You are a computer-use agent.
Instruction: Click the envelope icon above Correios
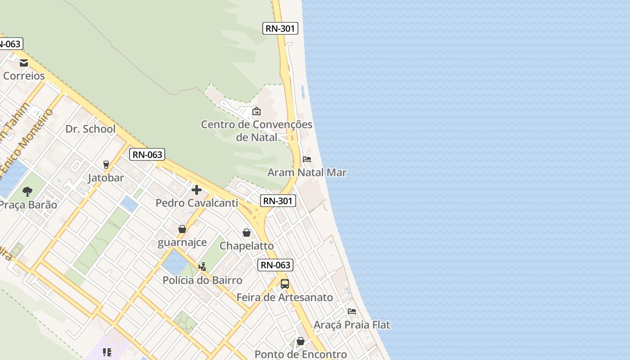[x=23, y=63]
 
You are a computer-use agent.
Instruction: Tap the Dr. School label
[x=90, y=129]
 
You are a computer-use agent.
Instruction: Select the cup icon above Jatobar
[x=106, y=164]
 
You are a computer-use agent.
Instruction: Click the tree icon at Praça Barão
[x=27, y=192]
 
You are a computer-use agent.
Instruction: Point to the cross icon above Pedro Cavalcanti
[x=197, y=190]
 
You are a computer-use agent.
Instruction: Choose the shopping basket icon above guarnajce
[x=182, y=229]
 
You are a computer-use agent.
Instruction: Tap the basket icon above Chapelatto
[x=247, y=233]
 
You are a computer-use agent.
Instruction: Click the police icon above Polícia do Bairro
[x=202, y=266]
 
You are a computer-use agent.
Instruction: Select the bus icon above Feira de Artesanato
[x=285, y=284]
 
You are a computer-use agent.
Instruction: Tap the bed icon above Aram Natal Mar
[x=307, y=159]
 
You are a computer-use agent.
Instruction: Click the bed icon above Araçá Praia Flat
[x=352, y=311]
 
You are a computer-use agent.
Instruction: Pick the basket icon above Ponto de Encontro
[x=301, y=342]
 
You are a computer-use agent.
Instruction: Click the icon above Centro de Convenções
[x=256, y=111]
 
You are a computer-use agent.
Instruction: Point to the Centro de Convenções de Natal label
[x=256, y=130]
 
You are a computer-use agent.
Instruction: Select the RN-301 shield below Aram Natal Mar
[x=278, y=201]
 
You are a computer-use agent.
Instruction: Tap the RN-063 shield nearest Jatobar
[x=147, y=155]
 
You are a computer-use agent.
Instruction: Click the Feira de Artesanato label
[x=285, y=297]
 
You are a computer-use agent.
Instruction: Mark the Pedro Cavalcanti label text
[x=197, y=203]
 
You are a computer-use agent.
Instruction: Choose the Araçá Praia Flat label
[x=352, y=324]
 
